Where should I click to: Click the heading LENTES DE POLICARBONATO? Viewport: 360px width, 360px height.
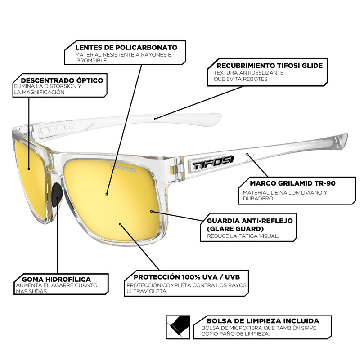pos(126,47)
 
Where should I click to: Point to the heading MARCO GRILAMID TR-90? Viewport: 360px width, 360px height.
pos(286,183)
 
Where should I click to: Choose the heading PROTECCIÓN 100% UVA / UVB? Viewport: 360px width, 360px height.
pos(184,277)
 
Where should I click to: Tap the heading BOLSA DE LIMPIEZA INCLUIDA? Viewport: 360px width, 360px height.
pos(263,321)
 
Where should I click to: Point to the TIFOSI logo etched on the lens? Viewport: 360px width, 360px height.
pos(123,168)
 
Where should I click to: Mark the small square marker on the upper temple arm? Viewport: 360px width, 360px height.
pos(155,119)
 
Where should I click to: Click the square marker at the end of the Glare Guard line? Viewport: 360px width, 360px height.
pos(151,211)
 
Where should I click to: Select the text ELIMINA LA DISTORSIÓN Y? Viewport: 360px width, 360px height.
pos(47,86)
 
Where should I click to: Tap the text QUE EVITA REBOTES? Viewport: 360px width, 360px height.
pos(241,79)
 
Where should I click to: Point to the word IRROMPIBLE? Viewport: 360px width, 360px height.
pos(92,60)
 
